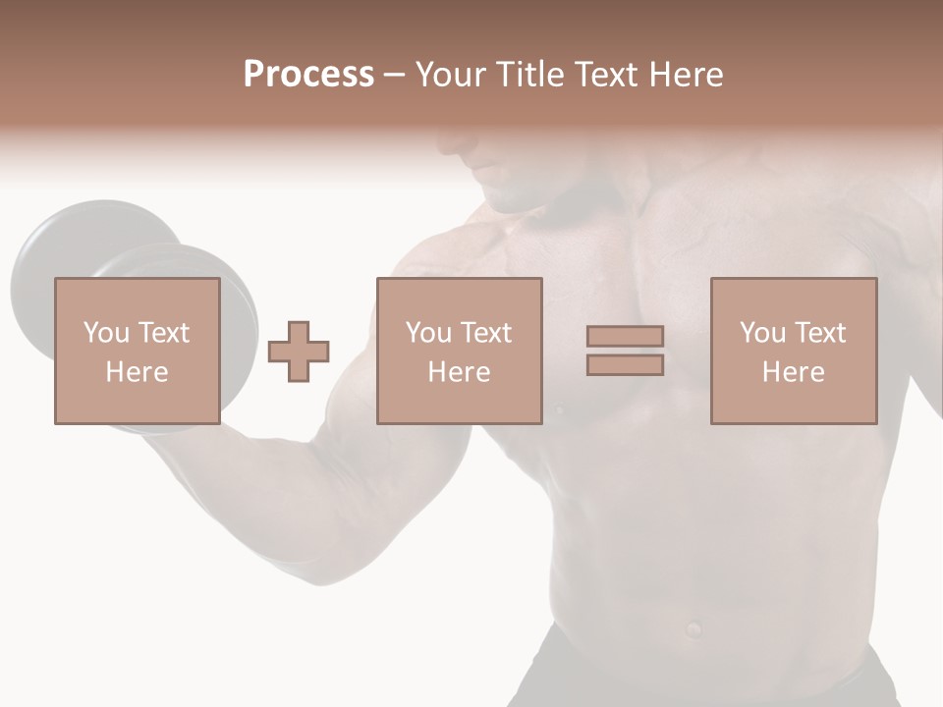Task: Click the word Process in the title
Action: pyautogui.click(x=308, y=75)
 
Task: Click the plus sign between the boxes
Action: pyautogui.click(x=299, y=352)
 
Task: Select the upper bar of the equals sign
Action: pyautogui.click(x=625, y=336)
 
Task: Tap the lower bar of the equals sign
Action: pyautogui.click(x=625, y=364)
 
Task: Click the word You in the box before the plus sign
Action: pyautogui.click(x=104, y=333)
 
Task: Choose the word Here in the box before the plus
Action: pyautogui.click(x=137, y=372)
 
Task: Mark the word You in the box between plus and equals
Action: pyautogui.click(x=427, y=333)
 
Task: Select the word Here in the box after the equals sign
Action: pyautogui.click(x=793, y=372)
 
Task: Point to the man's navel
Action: pyautogui.click(x=693, y=626)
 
